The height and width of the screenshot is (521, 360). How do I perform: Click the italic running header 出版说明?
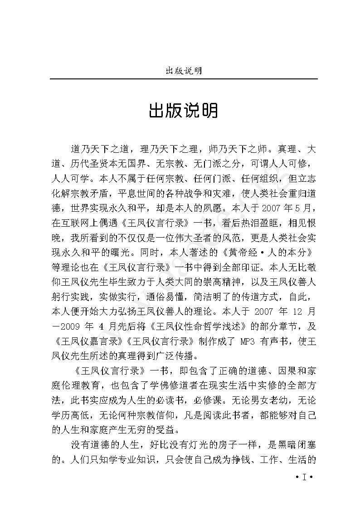(183, 71)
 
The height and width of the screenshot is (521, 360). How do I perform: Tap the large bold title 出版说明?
(183, 111)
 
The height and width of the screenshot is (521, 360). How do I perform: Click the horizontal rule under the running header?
(183, 79)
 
